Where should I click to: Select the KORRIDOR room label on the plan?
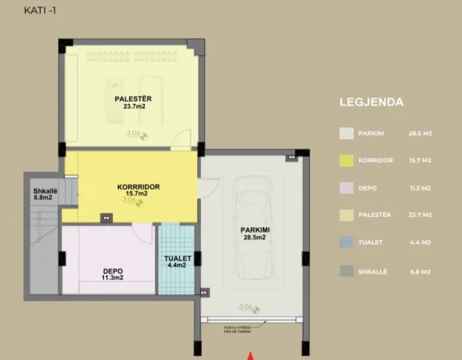pyautogui.click(x=139, y=186)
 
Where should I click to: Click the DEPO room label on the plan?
pyautogui.click(x=113, y=270)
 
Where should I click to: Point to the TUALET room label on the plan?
pyautogui.click(x=177, y=258)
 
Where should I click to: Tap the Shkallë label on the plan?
pyautogui.click(x=42, y=191)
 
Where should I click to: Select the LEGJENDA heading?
pyautogui.click(x=372, y=102)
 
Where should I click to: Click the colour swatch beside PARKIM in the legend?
pyautogui.click(x=346, y=134)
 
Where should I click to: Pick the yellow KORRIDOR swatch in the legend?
pyautogui.click(x=346, y=161)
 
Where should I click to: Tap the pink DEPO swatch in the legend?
pyautogui.click(x=346, y=188)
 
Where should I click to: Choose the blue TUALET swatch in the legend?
pyautogui.click(x=346, y=242)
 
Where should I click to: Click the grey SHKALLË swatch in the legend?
pyautogui.click(x=346, y=270)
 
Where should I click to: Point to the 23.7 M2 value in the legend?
pyautogui.click(x=420, y=215)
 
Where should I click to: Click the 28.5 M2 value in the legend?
pyautogui.click(x=420, y=134)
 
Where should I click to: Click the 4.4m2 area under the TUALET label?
pyautogui.click(x=177, y=266)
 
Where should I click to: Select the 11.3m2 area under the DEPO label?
pyautogui.click(x=113, y=278)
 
